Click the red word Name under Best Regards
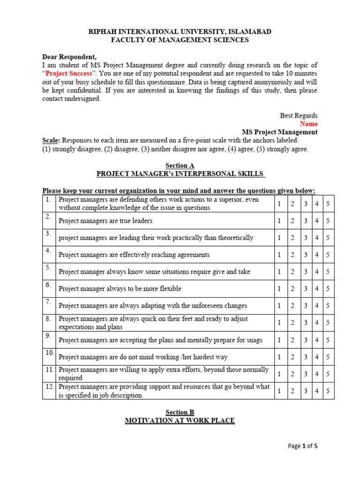pos(308,124)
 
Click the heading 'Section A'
pos(180,165)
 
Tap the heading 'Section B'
pos(180,412)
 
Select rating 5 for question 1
pos(328,204)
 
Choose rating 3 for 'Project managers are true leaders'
pos(305,221)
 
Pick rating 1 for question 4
pos(279,255)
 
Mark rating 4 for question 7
pos(317,306)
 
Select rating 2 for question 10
pos(292,357)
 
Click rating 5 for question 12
pos(328,390)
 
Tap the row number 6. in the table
pos(48,285)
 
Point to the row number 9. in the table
pos(48,336)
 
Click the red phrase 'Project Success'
pos(65,73)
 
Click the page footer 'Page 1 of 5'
pos(302,446)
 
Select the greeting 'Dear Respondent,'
pos(69,57)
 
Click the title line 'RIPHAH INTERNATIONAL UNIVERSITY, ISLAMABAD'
pos(180,31)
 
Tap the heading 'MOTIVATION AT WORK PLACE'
pos(180,421)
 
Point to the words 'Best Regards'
pos(299,115)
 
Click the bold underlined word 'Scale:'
pos(51,141)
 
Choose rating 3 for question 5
pos(305,271)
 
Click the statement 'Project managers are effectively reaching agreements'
pos(134,255)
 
